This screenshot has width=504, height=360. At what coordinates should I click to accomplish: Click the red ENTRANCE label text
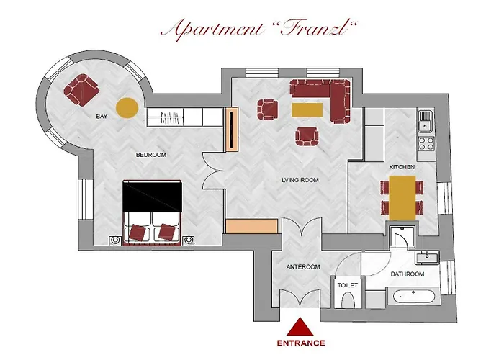click(x=301, y=343)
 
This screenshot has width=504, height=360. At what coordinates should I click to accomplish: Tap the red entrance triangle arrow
click(x=300, y=328)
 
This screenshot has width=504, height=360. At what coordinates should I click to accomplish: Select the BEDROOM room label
click(x=151, y=155)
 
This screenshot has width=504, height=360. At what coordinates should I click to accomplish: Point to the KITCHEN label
click(x=402, y=167)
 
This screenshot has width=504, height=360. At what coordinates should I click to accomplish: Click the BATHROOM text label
click(x=408, y=274)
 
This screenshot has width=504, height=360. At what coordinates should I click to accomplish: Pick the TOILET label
click(x=348, y=285)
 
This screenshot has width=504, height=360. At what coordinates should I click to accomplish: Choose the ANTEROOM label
click(x=303, y=267)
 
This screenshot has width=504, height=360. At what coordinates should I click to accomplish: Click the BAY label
click(x=102, y=117)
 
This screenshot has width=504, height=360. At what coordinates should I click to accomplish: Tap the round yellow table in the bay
click(x=127, y=108)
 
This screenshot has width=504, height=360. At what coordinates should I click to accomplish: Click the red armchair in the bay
click(x=81, y=90)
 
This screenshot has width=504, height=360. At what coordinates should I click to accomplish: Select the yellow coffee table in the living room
click(x=307, y=110)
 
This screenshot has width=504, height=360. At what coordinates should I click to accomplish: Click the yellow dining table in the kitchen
click(x=402, y=198)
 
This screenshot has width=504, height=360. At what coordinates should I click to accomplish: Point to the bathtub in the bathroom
click(x=413, y=297)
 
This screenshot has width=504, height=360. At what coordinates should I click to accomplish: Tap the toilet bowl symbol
click(x=348, y=300)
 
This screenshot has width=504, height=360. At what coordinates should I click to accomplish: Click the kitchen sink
click(x=426, y=122)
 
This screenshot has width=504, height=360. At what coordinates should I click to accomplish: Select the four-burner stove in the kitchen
click(x=426, y=144)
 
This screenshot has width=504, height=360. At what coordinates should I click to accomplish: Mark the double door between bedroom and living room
click(x=213, y=171)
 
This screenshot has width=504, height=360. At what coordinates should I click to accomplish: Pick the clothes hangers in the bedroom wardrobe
click(x=169, y=118)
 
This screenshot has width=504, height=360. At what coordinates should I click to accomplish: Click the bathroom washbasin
click(x=427, y=258)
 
